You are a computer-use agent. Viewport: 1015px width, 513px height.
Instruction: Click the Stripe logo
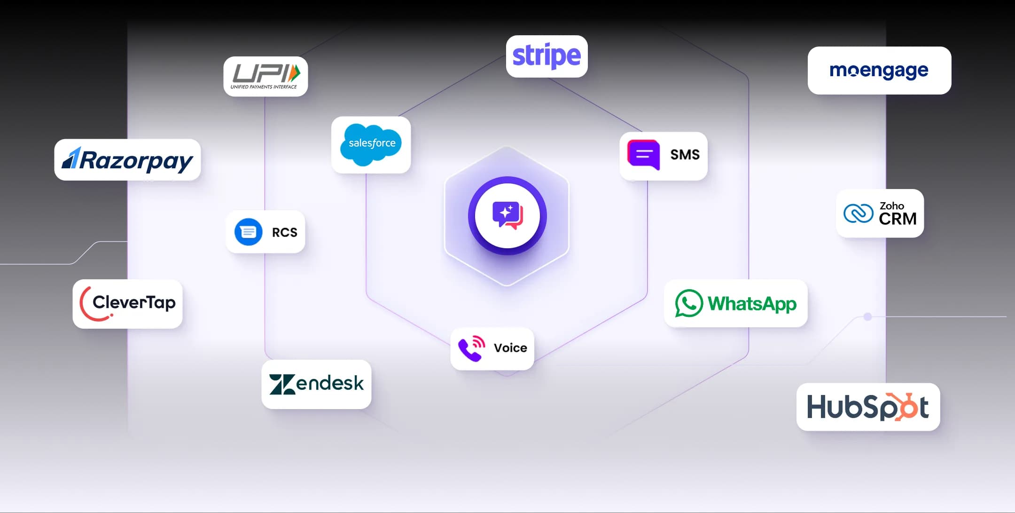point(547,56)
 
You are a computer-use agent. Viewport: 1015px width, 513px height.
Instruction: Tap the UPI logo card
point(265,77)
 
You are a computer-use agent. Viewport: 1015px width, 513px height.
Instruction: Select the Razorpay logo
point(127,160)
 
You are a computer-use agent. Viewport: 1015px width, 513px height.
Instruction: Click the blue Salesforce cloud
point(371,144)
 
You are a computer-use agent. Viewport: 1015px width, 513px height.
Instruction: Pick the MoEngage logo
point(879,71)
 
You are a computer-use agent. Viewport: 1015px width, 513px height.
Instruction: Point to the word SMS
point(685,155)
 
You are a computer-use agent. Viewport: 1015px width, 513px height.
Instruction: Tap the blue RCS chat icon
point(248,232)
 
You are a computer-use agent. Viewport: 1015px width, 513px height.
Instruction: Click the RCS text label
point(284,232)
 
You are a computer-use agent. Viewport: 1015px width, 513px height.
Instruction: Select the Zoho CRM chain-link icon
point(858,213)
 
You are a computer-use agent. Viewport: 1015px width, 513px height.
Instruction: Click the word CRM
point(898,219)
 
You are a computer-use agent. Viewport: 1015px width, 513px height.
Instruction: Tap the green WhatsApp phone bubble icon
point(689,303)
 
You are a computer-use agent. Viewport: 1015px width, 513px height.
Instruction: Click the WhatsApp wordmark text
point(752,304)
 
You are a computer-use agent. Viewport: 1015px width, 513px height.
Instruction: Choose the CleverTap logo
point(127,304)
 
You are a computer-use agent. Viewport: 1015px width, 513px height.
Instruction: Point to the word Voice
point(510,348)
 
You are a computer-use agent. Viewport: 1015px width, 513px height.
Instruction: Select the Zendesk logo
point(316,384)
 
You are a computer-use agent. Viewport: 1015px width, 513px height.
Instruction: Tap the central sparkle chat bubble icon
point(507,215)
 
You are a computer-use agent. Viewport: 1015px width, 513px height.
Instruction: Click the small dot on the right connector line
point(868,317)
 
